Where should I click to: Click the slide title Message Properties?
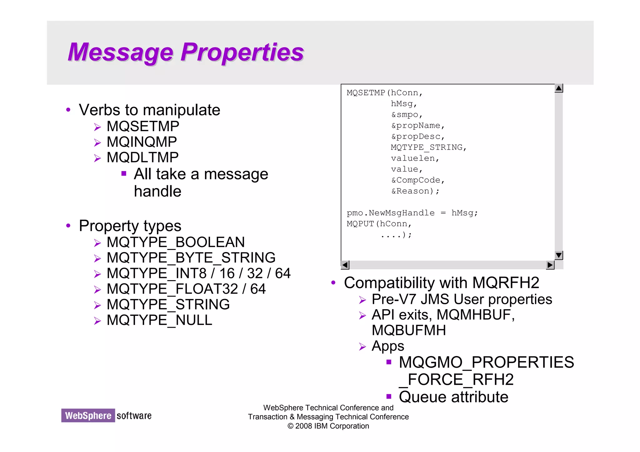pyautogui.click(x=186, y=52)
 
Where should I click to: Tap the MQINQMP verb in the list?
pyautogui.click(x=142, y=142)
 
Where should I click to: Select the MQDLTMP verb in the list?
pyautogui.click(x=142, y=157)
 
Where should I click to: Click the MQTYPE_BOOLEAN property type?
pyautogui.click(x=176, y=242)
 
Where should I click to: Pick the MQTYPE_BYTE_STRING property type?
pyautogui.click(x=191, y=258)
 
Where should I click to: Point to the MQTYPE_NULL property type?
pyautogui.click(x=159, y=320)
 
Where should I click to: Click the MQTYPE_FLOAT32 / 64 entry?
pyautogui.click(x=186, y=289)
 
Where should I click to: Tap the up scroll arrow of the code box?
pyautogui.click(x=559, y=88)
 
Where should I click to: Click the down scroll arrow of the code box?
pyautogui.click(x=559, y=255)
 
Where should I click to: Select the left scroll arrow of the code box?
pyautogui.click(x=345, y=265)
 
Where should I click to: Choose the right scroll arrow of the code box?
pyautogui.click(x=550, y=265)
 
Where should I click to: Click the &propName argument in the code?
pyautogui.click(x=417, y=126)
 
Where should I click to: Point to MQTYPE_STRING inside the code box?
pyautogui.click(x=428, y=147)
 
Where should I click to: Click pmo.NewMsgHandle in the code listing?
pyautogui.click(x=391, y=213)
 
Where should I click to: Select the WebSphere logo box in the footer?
pyautogui.click(x=88, y=415)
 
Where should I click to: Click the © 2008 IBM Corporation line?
pyautogui.click(x=328, y=426)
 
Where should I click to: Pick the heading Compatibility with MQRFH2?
pyautogui.click(x=441, y=283)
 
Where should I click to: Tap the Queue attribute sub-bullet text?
pyautogui.click(x=453, y=397)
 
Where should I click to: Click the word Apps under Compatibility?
pyautogui.click(x=388, y=346)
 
